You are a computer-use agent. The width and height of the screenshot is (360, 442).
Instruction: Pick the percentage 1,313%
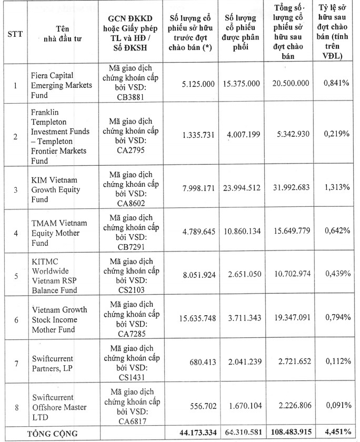pyautogui.click(x=338, y=189)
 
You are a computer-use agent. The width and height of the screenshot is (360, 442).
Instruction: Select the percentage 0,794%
pyautogui.click(x=338, y=318)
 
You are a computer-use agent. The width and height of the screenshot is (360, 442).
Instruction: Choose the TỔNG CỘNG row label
pyautogui.click(x=53, y=433)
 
